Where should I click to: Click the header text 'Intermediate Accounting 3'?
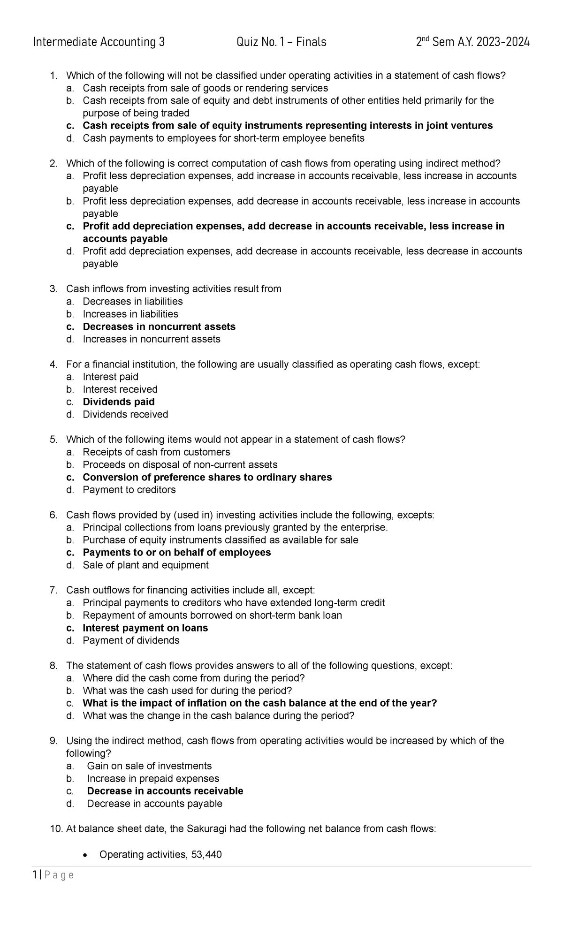point(99,42)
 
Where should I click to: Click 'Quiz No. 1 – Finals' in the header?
point(281,42)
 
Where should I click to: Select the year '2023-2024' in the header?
point(503,42)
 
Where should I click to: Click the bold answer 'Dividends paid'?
point(119,402)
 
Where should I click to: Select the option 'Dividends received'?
point(125,414)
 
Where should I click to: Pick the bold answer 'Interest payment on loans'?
point(145,628)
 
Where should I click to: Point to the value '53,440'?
point(206,854)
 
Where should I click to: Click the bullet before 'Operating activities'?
point(84,855)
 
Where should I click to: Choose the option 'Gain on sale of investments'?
point(149,766)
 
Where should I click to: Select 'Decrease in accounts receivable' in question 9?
point(165,791)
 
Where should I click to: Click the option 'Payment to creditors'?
point(129,490)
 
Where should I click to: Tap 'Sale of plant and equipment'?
point(145,565)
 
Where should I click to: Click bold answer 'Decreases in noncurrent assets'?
point(159,327)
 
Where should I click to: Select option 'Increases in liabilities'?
point(130,314)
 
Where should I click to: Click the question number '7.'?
point(53,590)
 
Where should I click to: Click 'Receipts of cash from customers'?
point(156,452)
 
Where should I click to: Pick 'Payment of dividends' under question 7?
point(131,640)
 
